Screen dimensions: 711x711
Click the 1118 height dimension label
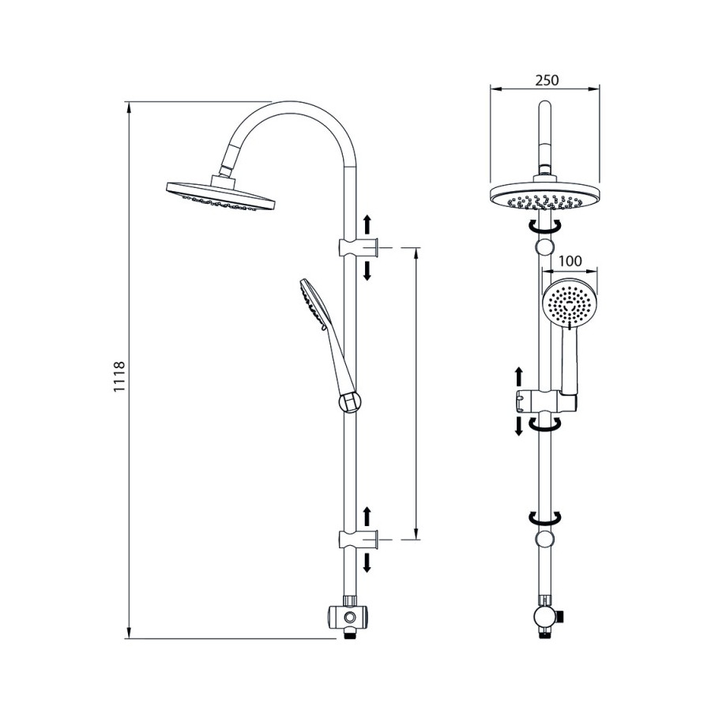[x=118, y=377]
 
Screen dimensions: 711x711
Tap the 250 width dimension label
[x=547, y=81]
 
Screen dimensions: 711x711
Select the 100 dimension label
[x=570, y=261]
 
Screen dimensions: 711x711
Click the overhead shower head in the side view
[x=221, y=196]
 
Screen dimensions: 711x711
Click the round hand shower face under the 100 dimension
[x=570, y=302]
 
